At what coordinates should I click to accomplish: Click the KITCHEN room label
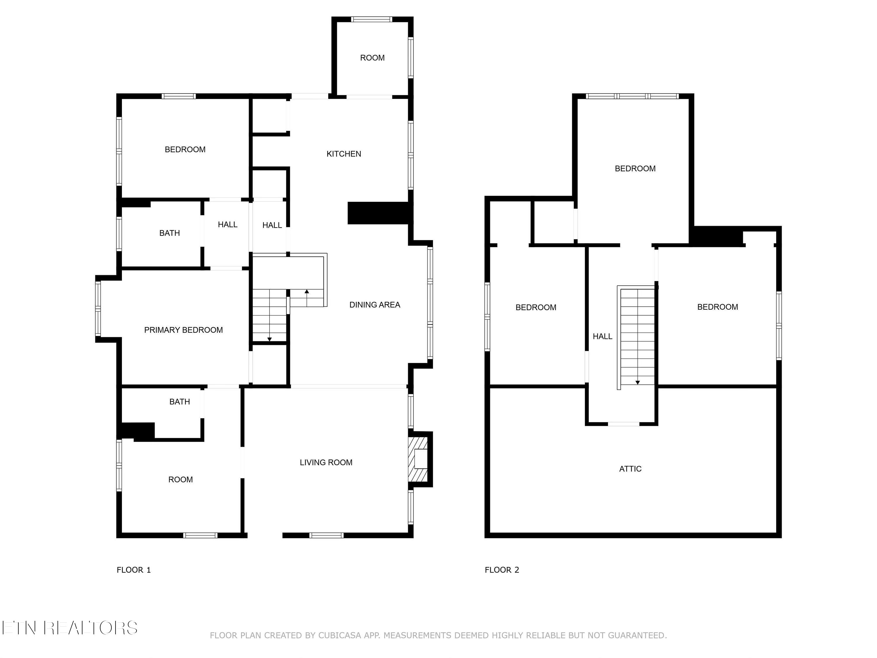[x=344, y=154]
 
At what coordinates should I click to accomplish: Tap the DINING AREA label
[x=375, y=305]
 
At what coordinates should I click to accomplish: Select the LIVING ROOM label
[x=326, y=462]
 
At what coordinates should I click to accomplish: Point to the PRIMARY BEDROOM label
[x=183, y=330]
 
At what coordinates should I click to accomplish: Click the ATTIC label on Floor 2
[x=630, y=469]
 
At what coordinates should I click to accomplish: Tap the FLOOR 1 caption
[x=134, y=570]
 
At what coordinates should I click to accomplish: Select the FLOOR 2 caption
[x=502, y=570]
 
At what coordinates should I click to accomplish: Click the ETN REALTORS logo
[x=70, y=628]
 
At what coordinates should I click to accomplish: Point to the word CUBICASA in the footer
[x=340, y=635]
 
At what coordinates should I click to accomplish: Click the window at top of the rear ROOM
[x=372, y=19]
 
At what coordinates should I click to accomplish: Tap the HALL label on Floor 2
[x=602, y=336]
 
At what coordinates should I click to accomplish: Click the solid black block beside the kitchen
[x=380, y=213]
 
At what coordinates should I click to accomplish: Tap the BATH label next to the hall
[x=169, y=233]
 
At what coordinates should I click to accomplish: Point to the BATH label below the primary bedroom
[x=179, y=402]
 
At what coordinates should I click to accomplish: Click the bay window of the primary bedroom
[x=98, y=309]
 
